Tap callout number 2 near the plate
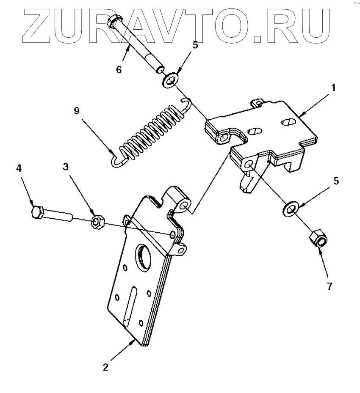[x=105, y=366]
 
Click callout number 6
[x=119, y=69]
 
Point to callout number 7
[x=329, y=286]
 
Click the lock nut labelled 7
[x=317, y=239]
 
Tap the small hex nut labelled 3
[x=98, y=221]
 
